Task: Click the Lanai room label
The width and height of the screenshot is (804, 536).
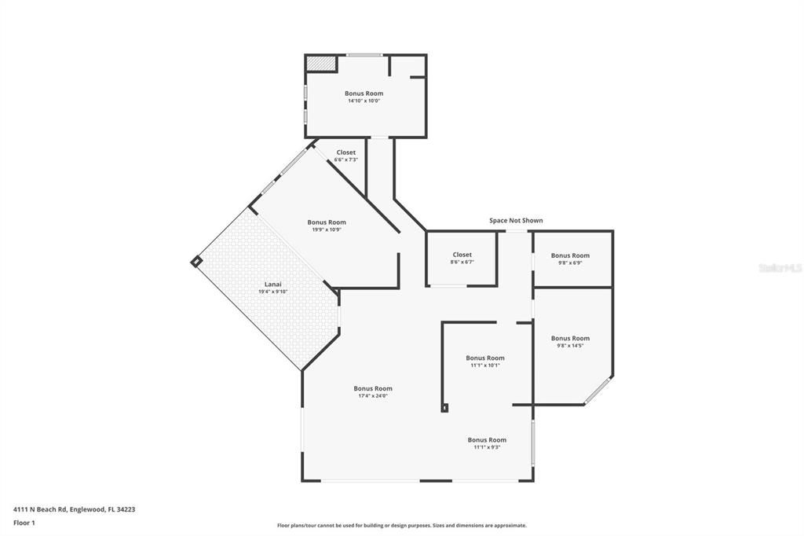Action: point(272,285)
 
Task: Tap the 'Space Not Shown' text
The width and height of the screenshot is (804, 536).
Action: point(516,221)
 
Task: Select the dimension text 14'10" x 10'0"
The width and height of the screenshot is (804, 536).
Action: point(364,101)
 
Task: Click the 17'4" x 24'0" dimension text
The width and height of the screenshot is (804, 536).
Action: point(373,396)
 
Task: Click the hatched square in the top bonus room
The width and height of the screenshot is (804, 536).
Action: point(321,63)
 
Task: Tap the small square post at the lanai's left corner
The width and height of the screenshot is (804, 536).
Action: point(196,262)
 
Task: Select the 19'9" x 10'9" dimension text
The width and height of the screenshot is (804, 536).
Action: point(327,229)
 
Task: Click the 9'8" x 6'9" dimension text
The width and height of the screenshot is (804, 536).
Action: point(570,262)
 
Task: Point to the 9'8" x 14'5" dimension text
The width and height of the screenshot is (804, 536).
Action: point(570,346)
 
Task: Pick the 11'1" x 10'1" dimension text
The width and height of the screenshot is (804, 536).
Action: point(485,365)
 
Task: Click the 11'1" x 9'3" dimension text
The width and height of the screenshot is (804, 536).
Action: point(487,447)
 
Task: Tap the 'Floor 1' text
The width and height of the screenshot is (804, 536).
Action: point(24,523)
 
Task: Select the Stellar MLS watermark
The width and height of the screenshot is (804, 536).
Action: point(780,268)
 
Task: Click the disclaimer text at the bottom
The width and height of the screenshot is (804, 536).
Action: point(401,526)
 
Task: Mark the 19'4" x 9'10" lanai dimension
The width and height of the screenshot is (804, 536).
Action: point(272,292)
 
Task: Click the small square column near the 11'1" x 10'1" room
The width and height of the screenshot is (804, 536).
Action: point(445,408)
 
